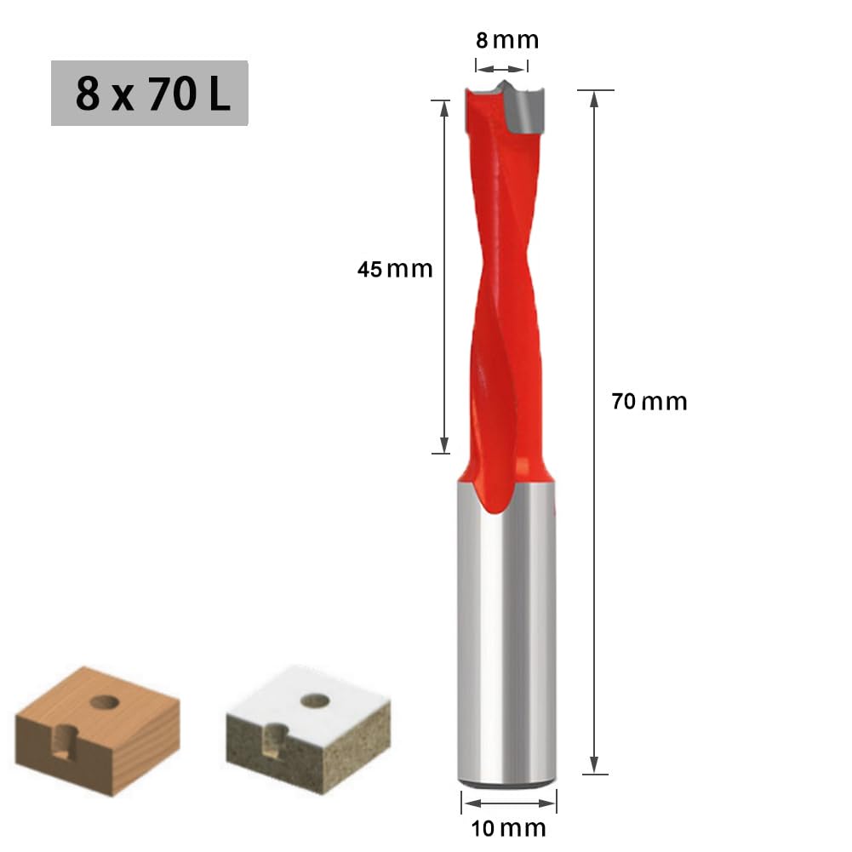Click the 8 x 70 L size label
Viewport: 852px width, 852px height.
tap(150, 94)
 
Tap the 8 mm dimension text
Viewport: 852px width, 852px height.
tap(506, 40)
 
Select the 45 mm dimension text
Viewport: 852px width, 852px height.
tap(394, 270)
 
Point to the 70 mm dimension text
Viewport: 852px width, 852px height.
tap(649, 402)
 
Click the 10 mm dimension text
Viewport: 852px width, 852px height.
tap(508, 827)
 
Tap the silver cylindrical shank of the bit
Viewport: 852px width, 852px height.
tap(507, 638)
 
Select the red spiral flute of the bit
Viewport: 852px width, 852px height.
tap(504, 298)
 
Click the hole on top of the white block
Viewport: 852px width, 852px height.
tap(315, 700)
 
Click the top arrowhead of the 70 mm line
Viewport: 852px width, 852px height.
tap(595, 96)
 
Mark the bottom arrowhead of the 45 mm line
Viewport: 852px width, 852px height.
tap(443, 445)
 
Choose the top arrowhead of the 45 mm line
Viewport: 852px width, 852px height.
tap(443, 108)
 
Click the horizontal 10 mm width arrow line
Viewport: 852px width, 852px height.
tap(508, 802)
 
